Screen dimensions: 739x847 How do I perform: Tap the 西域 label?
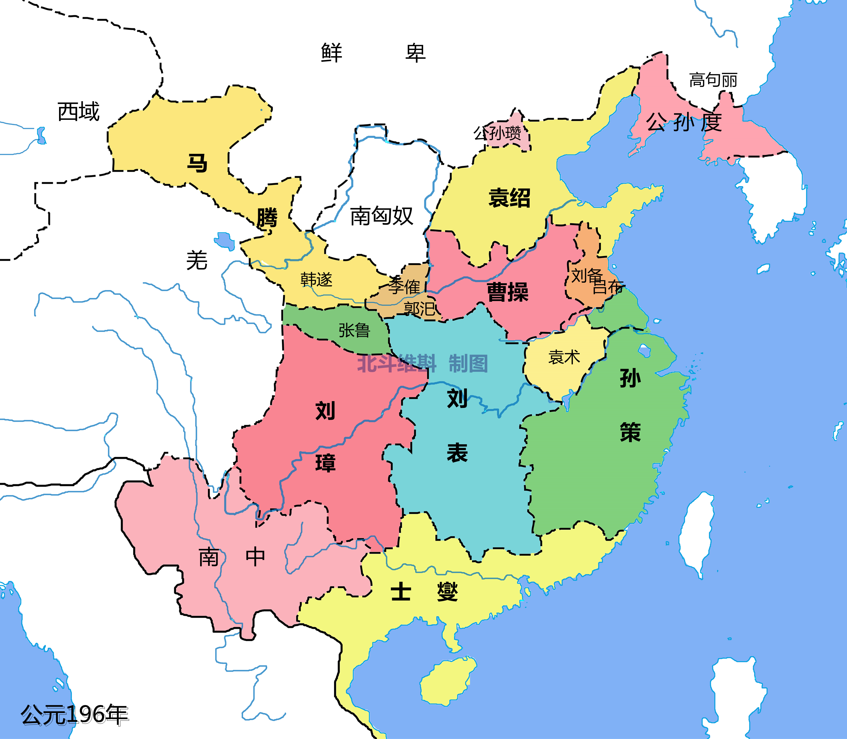point(78,112)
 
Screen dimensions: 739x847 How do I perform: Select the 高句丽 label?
point(713,80)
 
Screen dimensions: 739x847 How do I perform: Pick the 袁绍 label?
point(509,198)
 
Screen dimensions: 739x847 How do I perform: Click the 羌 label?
point(196,261)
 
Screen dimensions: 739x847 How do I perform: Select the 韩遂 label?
point(316,280)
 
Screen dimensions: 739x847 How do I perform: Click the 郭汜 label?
point(419,308)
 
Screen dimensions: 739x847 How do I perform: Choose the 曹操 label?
point(507,292)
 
